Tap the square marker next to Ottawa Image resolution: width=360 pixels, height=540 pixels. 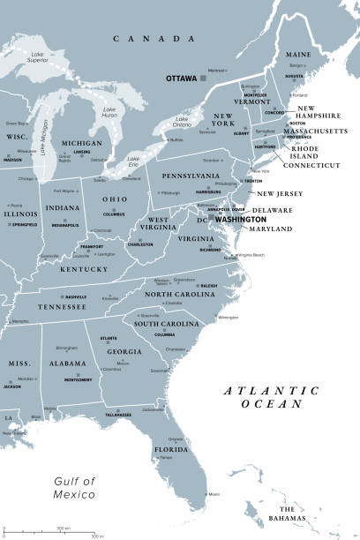[x=203, y=79]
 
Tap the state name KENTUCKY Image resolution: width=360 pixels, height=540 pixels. [x=84, y=269]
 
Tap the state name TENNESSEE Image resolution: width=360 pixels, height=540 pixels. [x=62, y=306]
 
